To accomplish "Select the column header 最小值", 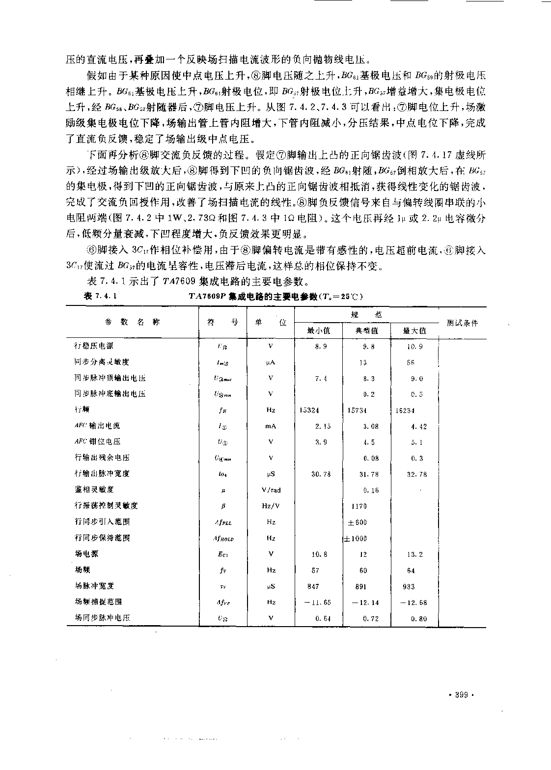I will coord(318,330).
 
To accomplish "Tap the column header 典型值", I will coord(366,330).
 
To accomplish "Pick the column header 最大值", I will coord(414,330).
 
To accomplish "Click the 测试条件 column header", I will coord(462,323).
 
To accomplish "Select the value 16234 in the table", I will coord(405,410).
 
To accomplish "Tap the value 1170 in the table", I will coord(359,506).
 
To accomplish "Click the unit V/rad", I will coord(271,490).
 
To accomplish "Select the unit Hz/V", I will coord(271,506).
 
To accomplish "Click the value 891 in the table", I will coord(361,586).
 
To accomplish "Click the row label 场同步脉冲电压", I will coord(102,618).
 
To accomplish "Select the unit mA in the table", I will coord(271,426).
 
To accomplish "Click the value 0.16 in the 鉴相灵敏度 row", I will coord(371,490).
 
